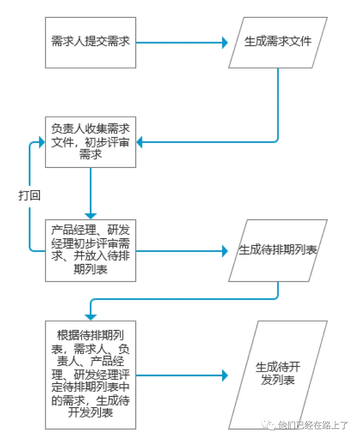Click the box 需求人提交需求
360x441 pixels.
coord(91,43)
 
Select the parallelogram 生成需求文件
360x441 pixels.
coord(278,43)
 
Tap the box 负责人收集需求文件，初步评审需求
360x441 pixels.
coord(91,142)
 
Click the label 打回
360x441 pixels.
coord(29,195)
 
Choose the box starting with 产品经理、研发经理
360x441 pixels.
coord(91,250)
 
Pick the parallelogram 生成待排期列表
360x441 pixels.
coord(278,250)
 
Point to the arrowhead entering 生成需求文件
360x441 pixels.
coord(225,43)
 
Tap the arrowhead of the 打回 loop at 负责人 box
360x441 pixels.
coord(42,142)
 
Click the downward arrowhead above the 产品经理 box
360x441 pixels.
coord(91,216)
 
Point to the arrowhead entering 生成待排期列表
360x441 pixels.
coord(225,251)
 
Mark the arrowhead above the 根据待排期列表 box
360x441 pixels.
coord(91,317)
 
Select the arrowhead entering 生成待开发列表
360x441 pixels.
coord(225,375)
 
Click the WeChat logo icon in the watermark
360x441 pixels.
coord(270,425)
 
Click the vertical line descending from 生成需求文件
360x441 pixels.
coord(278,102)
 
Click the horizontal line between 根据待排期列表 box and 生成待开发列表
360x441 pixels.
coord(180,375)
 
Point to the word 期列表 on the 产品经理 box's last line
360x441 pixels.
coord(91,269)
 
